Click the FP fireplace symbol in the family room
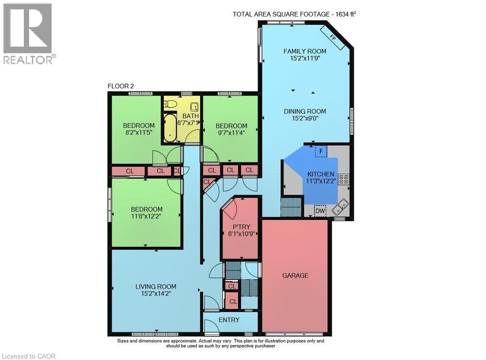pyautogui.click(x=332, y=37)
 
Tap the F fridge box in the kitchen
pyautogui.click(x=321, y=152)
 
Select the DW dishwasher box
pyautogui.click(x=320, y=211)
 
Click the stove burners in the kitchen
pyautogui.click(x=344, y=179)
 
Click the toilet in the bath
pyautogui.click(x=171, y=105)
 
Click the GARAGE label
pyautogui.click(x=295, y=275)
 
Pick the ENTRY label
pyautogui.click(x=229, y=320)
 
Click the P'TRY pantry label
pyautogui.click(x=242, y=227)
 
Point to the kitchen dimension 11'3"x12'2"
pyautogui.click(x=321, y=181)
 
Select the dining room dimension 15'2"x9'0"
pyautogui.click(x=305, y=118)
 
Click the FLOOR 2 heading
pyautogui.click(x=121, y=86)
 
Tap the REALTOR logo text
pyautogui.click(x=29, y=59)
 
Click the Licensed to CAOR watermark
pyautogui.click(x=28, y=356)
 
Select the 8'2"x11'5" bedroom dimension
pyautogui.click(x=139, y=132)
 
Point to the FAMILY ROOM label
pyautogui.click(x=305, y=51)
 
